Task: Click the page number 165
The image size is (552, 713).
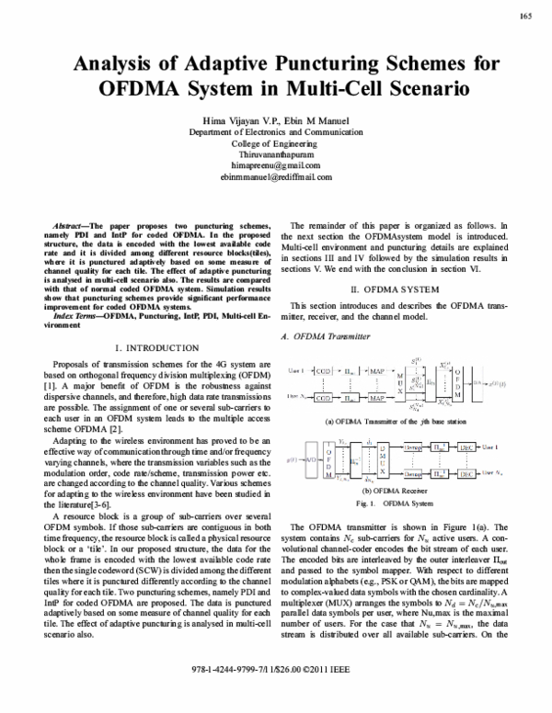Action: (x=527, y=16)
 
